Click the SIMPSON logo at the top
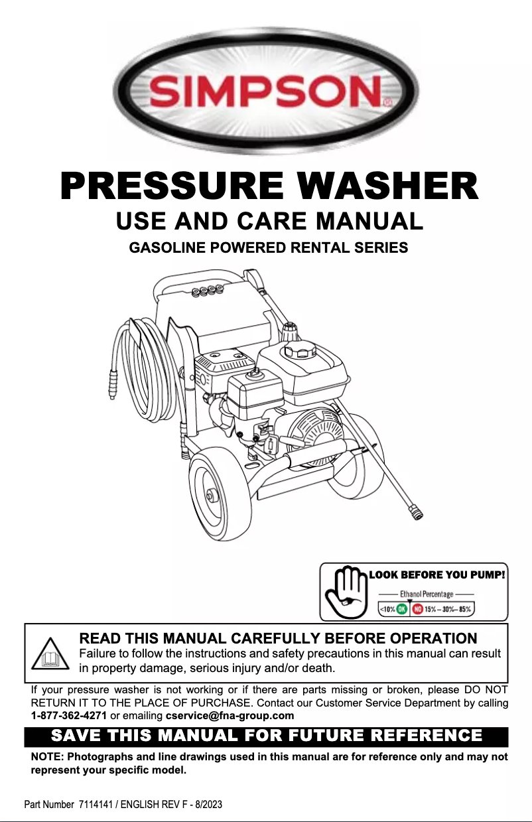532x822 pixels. pyautogui.click(x=266, y=91)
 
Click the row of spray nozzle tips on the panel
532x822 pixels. pyautogui.click(x=206, y=291)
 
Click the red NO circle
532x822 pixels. pyautogui.click(x=418, y=608)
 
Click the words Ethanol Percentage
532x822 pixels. pyautogui.click(x=426, y=594)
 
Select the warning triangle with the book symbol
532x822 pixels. pyautogui.click(x=50, y=655)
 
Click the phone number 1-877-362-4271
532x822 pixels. pyautogui.click(x=69, y=716)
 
